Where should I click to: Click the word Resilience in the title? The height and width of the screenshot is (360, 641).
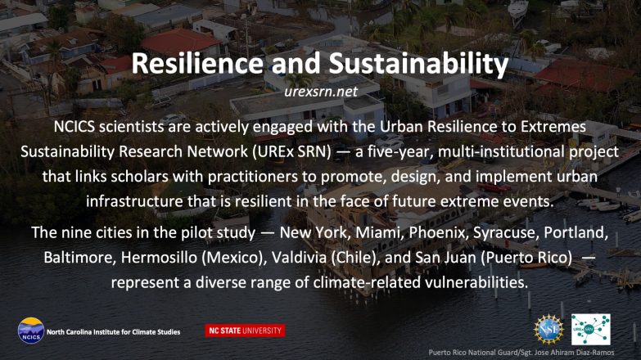coord(197,63)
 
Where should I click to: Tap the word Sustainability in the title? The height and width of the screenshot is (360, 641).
coord(418,65)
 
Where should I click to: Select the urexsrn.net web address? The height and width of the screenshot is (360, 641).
coord(321,92)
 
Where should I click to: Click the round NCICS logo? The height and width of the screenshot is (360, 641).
coord(31,331)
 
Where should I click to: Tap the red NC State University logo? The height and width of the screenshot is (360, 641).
coord(245,331)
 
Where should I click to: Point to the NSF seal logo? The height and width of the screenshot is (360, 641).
coord(548,330)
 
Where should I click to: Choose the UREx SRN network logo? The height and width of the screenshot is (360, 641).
coord(591,330)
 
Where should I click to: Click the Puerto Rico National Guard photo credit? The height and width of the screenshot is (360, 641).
coord(521,353)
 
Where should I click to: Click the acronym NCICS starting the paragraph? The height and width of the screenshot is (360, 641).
coord(74,127)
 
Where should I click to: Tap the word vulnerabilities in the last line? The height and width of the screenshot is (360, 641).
coord(476,282)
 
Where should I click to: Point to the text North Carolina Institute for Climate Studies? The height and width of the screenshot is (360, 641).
coord(113,332)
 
